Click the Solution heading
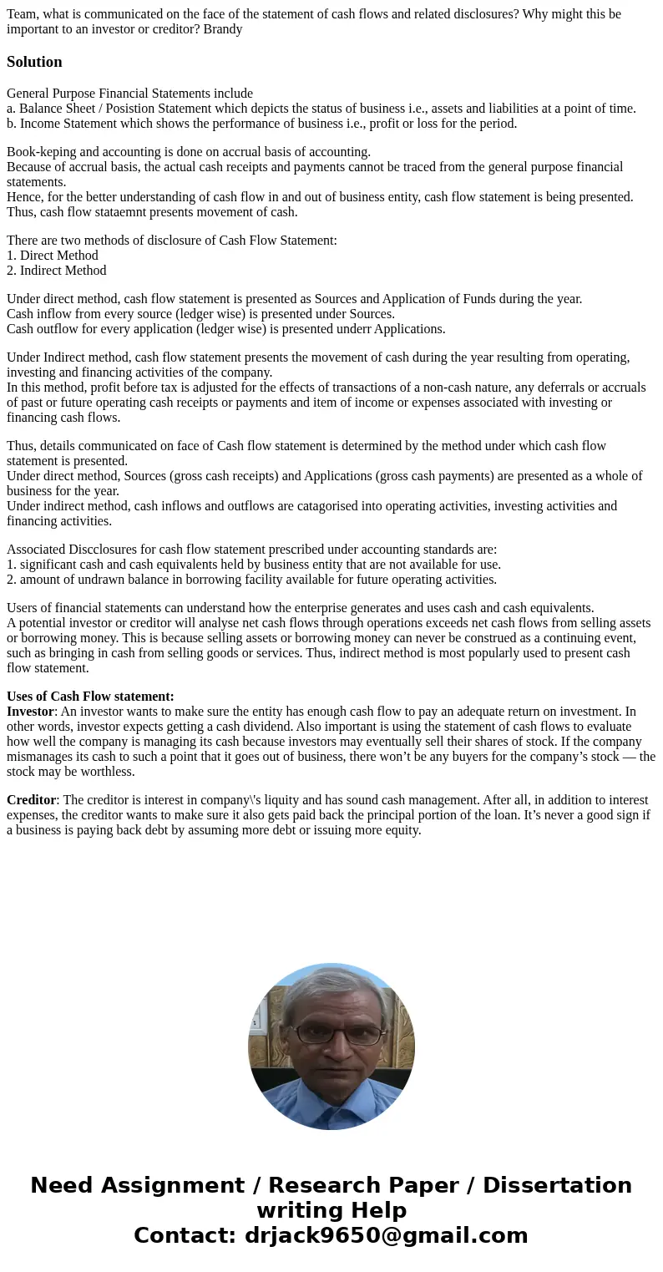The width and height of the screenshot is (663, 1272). pos(34,62)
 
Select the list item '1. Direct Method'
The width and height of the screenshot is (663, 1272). pos(53,256)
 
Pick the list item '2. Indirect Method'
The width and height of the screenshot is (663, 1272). pos(57,271)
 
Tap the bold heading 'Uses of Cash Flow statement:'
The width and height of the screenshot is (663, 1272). pos(90,697)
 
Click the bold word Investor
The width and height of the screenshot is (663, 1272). pos(31,712)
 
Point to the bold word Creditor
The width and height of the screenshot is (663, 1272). pos(31,800)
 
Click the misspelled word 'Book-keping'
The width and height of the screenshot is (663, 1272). pos(39,152)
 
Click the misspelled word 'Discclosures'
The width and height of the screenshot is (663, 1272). pos(107,550)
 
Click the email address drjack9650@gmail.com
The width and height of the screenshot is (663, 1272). pos(386,1235)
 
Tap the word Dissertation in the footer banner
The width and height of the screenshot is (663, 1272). pos(557,1185)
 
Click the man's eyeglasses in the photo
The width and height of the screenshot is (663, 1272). pos(337,1035)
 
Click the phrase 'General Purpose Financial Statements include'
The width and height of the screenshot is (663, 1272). pos(129,94)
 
